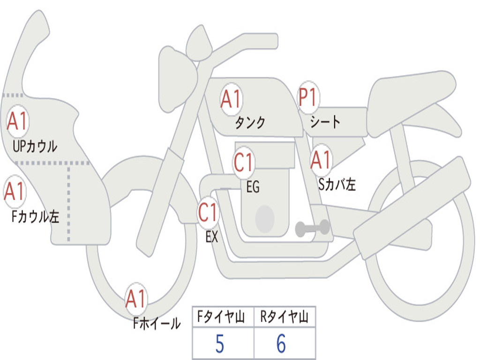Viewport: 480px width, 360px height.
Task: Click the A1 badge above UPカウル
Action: [x=17, y=121]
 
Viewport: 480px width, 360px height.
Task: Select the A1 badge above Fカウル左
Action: [x=15, y=191]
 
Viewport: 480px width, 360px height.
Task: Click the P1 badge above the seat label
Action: [x=308, y=97]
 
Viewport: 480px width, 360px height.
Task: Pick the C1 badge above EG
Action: [x=244, y=162]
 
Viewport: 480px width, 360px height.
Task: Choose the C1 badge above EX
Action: [x=208, y=212]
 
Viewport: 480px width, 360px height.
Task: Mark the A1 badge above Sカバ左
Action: [x=321, y=160]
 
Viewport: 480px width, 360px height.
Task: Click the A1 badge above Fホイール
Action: [x=136, y=299]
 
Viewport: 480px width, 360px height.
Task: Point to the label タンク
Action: [x=250, y=123]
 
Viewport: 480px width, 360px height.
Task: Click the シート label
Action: [x=325, y=122]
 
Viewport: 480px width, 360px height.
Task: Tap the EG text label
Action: [x=253, y=187]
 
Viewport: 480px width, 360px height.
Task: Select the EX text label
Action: [x=212, y=237]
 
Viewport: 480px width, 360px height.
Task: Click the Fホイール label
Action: [x=157, y=323]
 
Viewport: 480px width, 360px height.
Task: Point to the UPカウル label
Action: [x=35, y=146]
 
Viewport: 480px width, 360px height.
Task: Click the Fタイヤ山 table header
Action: [x=221, y=317]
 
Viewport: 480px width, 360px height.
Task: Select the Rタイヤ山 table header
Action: [x=285, y=317]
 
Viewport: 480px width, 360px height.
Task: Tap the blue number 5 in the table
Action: [x=220, y=344]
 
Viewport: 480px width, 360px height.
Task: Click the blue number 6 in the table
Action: [x=281, y=344]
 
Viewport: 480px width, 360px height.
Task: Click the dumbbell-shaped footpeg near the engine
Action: [x=312, y=228]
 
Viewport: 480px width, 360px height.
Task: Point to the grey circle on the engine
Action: [x=265, y=219]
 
